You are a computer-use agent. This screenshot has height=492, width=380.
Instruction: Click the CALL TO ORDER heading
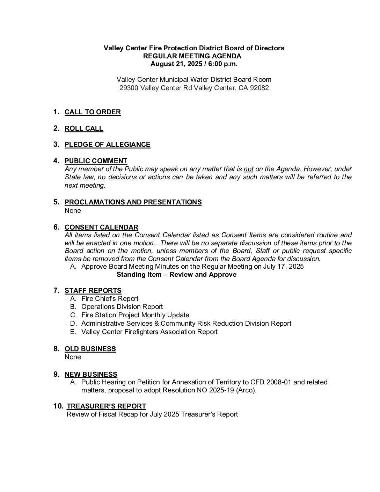(93, 112)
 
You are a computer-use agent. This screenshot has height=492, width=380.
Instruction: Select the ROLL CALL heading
(84, 129)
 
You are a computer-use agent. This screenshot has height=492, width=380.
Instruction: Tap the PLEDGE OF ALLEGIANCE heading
(107, 145)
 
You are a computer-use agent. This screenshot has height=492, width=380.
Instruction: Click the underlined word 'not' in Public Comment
(248, 169)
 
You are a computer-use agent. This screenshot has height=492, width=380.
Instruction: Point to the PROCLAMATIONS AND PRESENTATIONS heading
(133, 202)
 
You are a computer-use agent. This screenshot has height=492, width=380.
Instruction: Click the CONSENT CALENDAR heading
(101, 227)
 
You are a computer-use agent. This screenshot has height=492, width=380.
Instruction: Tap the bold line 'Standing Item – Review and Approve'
(176, 275)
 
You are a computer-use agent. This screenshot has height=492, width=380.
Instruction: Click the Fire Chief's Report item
(110, 299)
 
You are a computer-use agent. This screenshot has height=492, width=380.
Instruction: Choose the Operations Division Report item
(122, 307)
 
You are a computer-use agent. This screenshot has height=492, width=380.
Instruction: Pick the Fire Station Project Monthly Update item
(135, 315)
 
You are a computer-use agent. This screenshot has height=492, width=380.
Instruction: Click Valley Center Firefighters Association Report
(149, 332)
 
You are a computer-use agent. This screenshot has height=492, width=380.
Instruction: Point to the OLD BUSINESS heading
(90, 349)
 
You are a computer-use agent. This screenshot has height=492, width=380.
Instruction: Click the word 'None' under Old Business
(73, 357)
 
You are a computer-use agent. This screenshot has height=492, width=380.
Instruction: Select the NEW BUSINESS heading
(91, 375)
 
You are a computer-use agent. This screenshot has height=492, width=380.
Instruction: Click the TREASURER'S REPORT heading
(106, 406)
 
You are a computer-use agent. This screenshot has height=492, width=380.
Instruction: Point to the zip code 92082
(259, 88)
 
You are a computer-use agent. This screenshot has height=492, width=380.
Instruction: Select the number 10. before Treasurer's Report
(58, 406)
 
